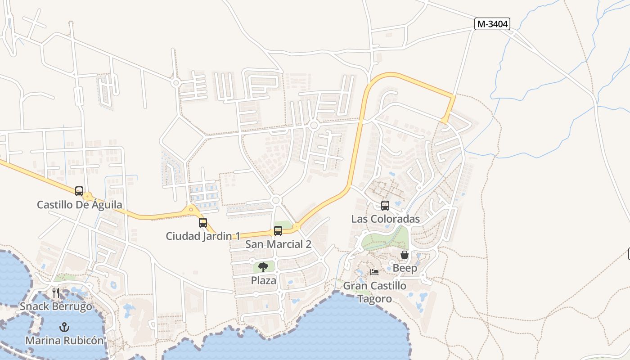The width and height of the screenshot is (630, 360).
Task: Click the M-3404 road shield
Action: point(492,24)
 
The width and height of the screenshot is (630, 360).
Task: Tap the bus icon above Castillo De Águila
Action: point(79,191)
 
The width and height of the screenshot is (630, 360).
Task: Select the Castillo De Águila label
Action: point(79,205)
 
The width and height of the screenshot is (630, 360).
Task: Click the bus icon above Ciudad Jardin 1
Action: point(203,222)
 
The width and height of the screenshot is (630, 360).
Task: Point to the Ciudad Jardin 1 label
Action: point(203,236)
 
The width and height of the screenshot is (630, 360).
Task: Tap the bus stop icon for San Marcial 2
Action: point(278,231)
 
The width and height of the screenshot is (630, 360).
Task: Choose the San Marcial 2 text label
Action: point(278,244)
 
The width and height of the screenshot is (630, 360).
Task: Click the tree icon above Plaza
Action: point(263,267)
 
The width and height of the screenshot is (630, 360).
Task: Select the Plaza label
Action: point(263,280)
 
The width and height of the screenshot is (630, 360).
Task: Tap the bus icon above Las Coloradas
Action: point(385,206)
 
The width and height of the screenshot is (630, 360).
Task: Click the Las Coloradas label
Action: point(385,219)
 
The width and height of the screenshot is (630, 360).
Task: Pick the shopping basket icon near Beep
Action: point(405,255)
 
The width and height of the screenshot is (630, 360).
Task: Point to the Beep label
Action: point(405,268)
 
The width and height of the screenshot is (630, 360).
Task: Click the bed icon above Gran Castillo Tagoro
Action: point(374,272)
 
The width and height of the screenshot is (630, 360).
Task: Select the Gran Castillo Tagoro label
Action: point(374,292)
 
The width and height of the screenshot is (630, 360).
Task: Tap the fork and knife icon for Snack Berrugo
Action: point(56,293)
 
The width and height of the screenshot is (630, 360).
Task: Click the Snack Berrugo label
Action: point(56,306)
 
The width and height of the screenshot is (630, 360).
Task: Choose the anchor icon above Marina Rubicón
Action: point(64,327)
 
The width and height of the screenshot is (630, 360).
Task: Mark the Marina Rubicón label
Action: point(64,340)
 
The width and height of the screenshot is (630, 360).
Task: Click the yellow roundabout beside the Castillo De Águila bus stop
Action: point(88,197)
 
